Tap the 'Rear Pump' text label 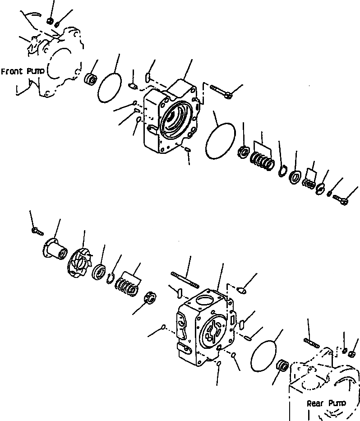[x=326, y=403]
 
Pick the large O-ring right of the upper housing [x=221, y=141]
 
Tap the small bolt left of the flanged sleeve [x=37, y=231]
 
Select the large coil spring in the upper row [x=262, y=161]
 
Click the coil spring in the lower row [x=126, y=287]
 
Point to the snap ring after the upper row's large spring [x=283, y=171]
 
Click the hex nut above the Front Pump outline [x=51, y=20]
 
